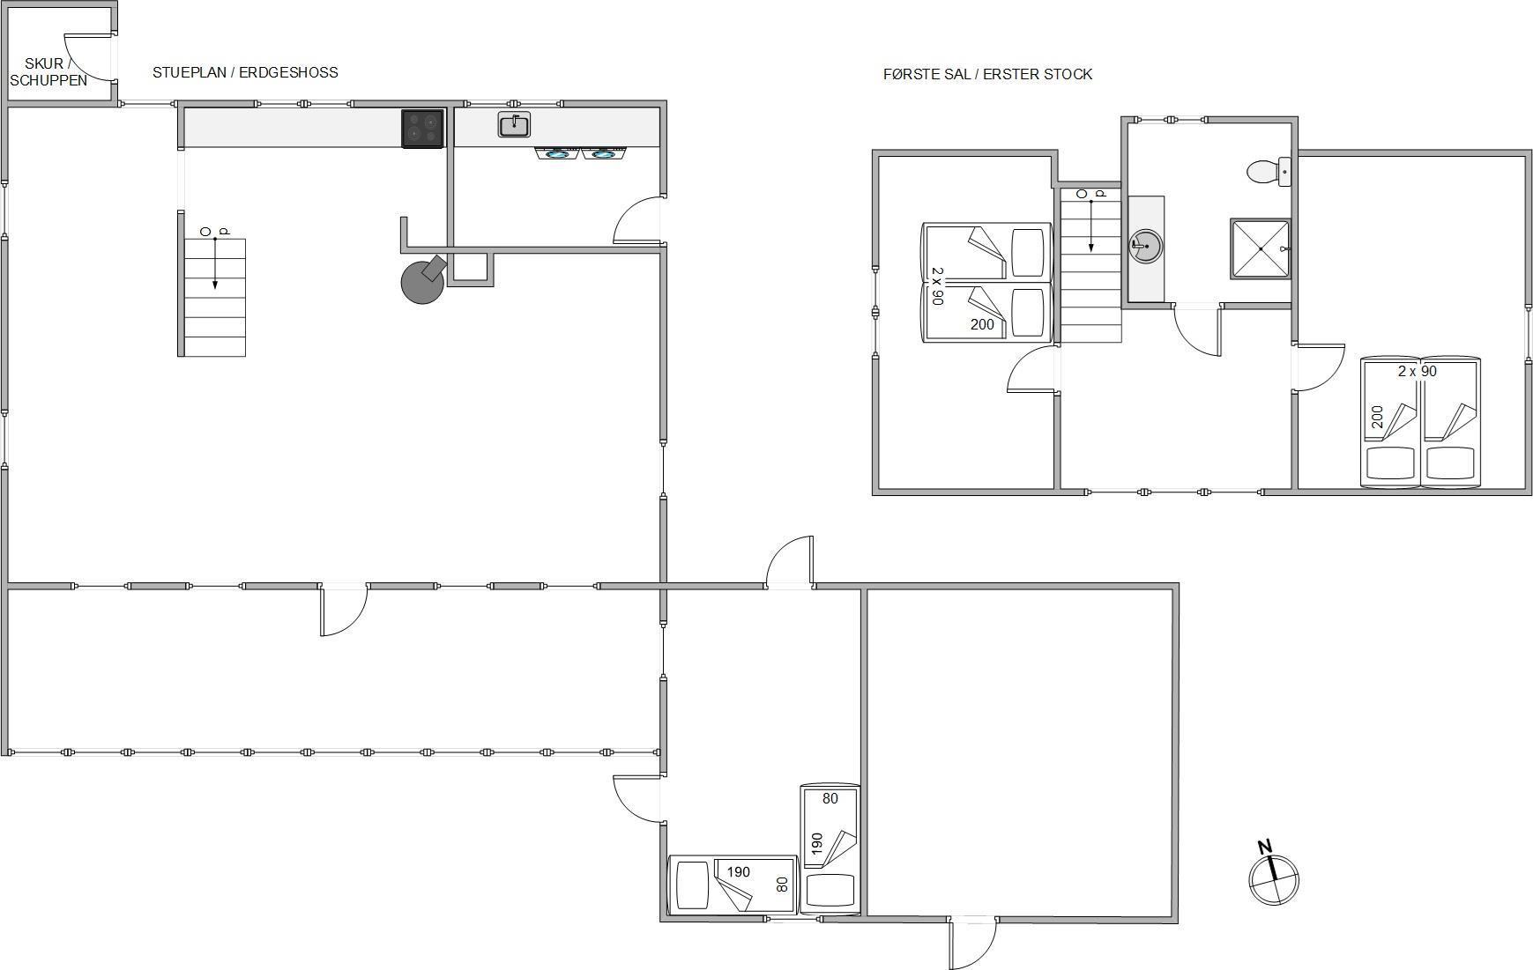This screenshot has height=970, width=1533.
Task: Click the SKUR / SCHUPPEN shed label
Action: click(x=48, y=72)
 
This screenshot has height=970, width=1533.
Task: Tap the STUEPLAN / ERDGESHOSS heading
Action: click(x=245, y=72)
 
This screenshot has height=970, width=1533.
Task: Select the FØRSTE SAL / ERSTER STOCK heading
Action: click(x=987, y=74)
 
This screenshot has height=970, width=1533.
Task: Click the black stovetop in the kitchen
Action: click(x=423, y=129)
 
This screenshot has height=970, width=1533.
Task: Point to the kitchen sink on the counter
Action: click(x=515, y=125)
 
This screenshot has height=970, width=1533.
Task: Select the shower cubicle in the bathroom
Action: click(x=1261, y=248)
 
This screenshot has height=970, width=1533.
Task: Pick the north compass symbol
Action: click(x=1274, y=876)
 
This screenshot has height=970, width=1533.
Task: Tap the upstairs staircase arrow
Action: click(x=1091, y=226)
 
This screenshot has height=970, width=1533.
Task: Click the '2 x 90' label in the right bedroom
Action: click(x=1418, y=371)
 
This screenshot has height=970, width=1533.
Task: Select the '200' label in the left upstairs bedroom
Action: click(x=982, y=324)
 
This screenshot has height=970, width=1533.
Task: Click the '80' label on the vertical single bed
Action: click(x=830, y=798)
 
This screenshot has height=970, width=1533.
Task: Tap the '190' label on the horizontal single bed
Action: click(x=738, y=872)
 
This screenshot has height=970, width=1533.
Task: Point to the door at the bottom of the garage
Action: click(x=972, y=942)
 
